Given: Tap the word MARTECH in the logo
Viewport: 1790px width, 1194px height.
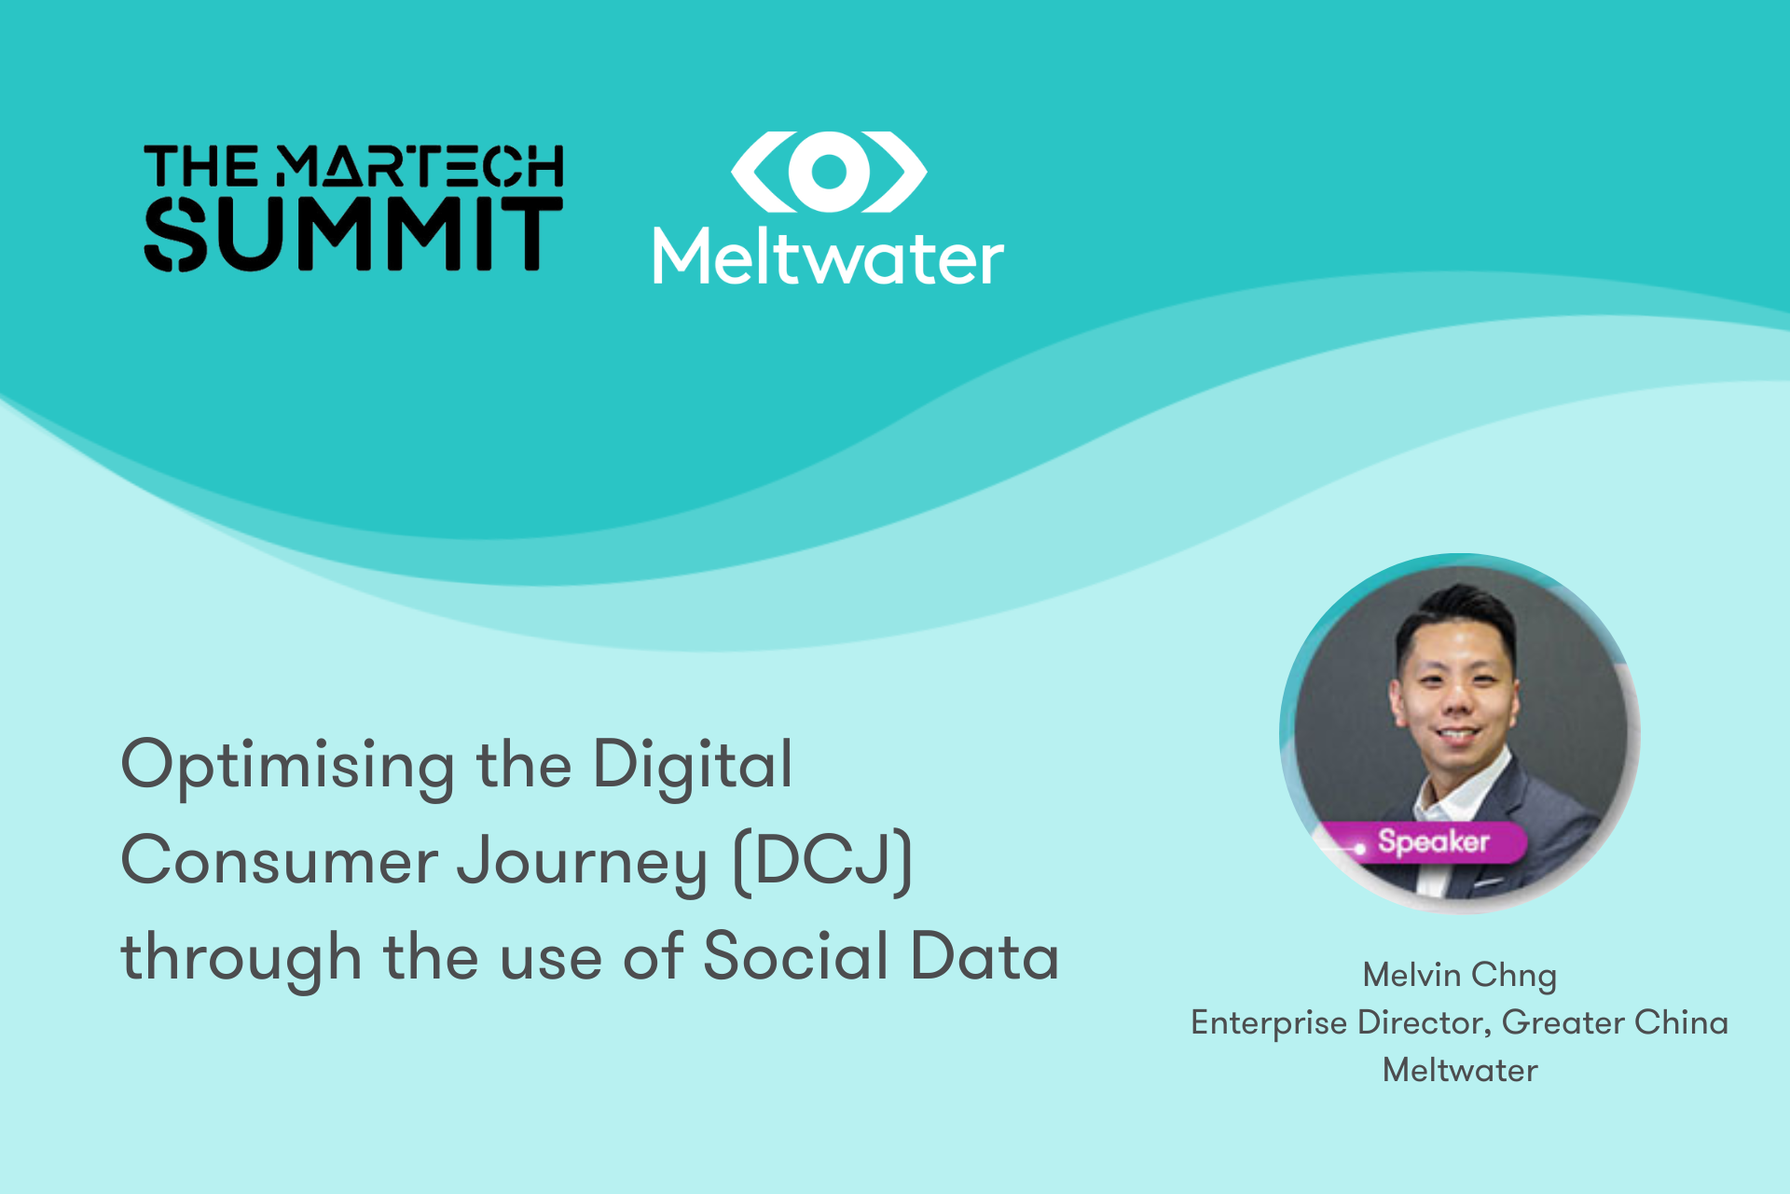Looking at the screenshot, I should tap(420, 166).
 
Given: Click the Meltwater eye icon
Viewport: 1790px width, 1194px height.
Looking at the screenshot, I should tap(828, 172).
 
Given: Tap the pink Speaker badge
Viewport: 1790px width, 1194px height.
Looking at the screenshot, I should tap(1432, 841).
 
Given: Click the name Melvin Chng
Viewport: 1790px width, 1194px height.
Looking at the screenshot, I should tap(1459, 976).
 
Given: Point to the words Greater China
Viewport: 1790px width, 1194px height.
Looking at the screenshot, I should tap(1615, 1022).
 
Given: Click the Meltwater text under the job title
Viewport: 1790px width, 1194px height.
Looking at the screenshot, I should tap(1459, 1070).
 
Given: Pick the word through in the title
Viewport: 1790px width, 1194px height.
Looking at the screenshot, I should tap(241, 959).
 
